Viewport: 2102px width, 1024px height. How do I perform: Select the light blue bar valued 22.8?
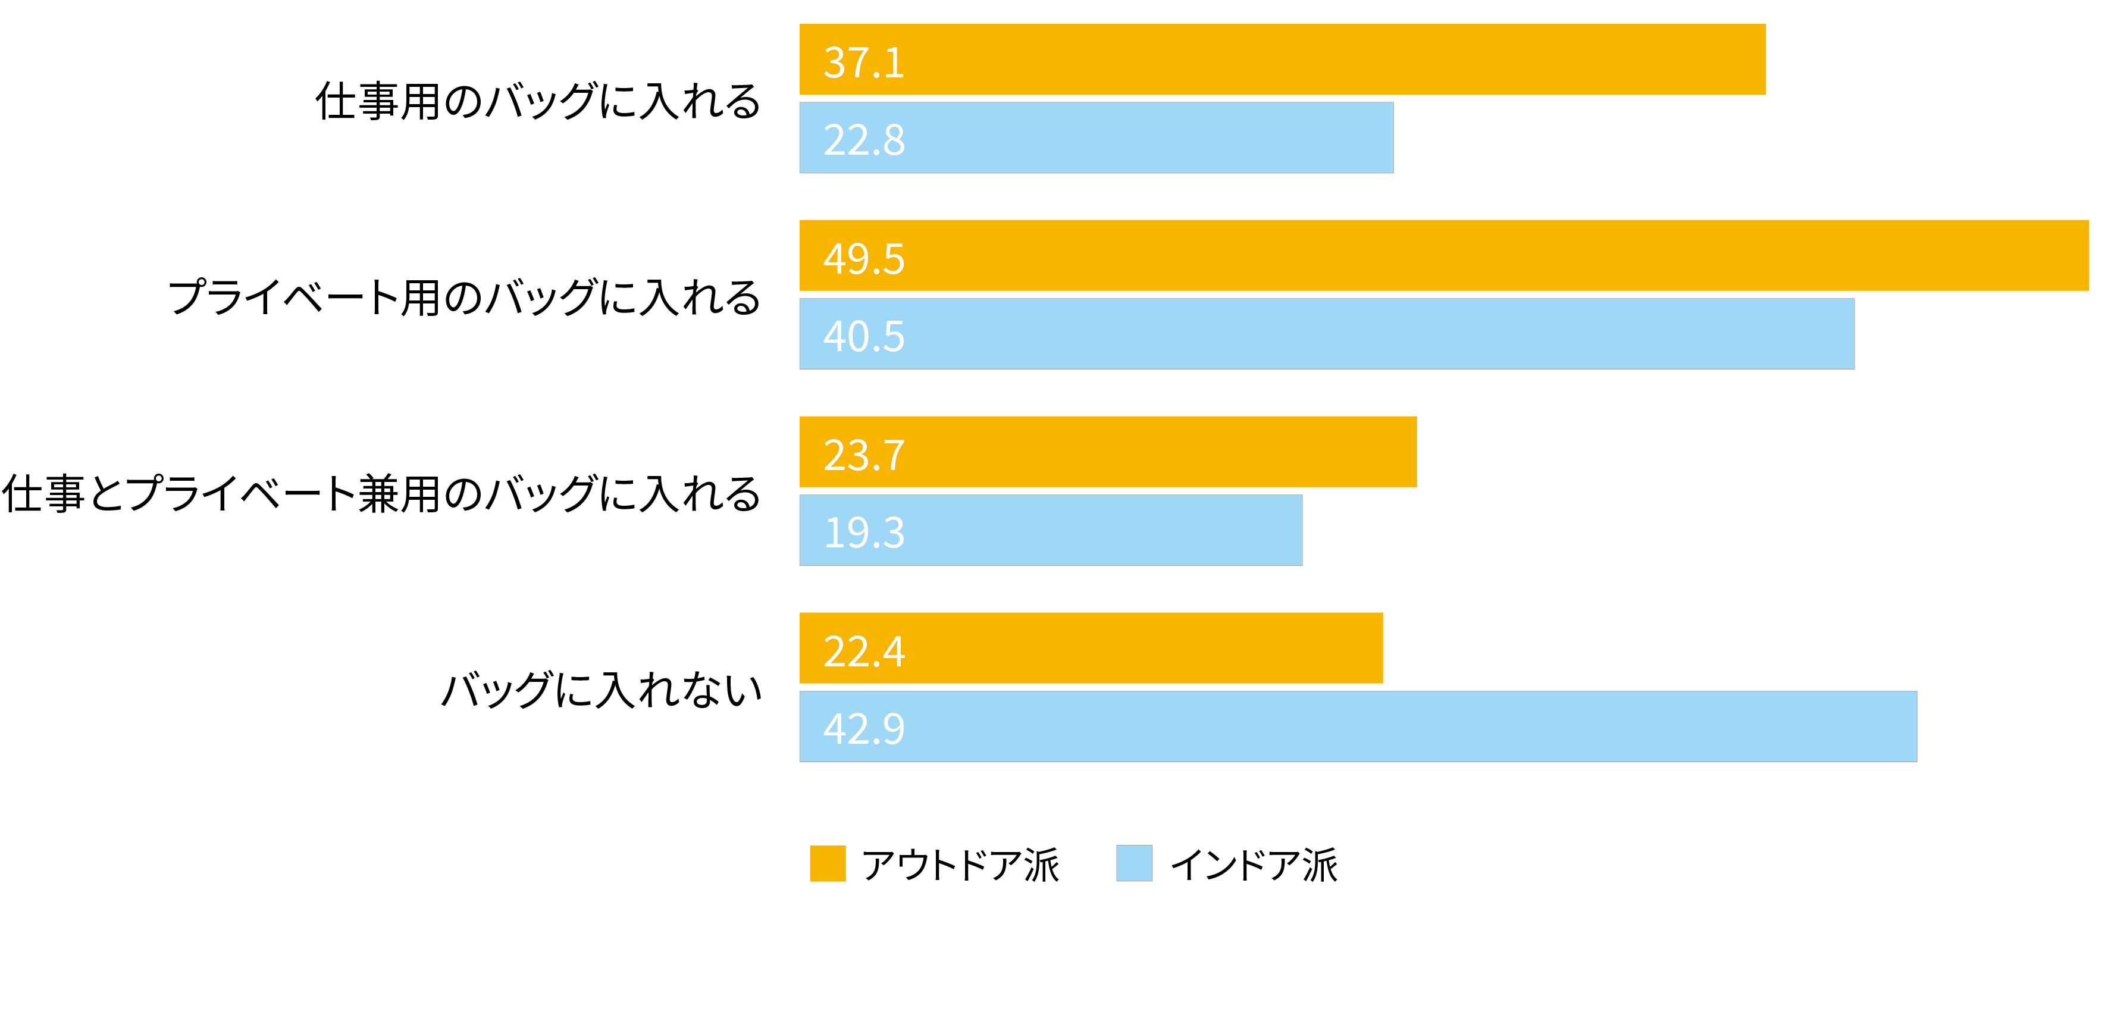(1095, 138)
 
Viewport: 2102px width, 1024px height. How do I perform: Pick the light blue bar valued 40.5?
(1326, 334)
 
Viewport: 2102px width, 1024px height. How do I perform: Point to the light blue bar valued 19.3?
(1050, 530)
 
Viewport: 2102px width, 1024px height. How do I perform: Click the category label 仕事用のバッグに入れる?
(538, 101)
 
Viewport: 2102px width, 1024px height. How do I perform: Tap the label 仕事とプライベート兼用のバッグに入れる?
(381, 494)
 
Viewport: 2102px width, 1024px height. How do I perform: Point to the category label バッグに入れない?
(602, 690)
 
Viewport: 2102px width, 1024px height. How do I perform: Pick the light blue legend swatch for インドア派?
(1133, 863)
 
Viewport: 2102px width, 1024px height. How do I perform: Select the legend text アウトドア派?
(960, 865)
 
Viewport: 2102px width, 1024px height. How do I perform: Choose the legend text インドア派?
(1254, 865)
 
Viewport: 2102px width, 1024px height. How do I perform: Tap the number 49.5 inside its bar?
(863, 259)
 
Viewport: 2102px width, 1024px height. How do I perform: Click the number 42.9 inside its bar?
(863, 729)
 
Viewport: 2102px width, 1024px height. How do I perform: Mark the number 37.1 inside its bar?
(863, 63)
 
